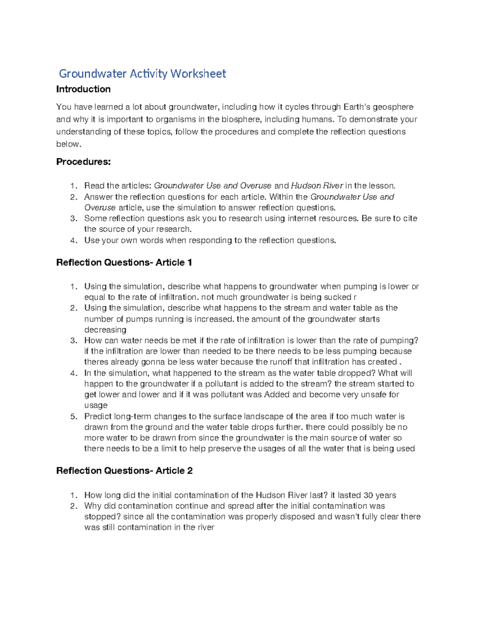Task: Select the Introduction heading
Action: click(x=83, y=89)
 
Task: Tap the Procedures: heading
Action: click(x=83, y=162)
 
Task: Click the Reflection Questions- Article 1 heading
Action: click(x=124, y=263)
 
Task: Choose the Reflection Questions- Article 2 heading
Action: click(x=124, y=471)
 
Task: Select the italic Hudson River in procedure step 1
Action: click(x=317, y=186)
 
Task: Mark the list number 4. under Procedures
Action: click(x=73, y=240)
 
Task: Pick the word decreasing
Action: click(x=105, y=330)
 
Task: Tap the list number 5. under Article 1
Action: click(x=73, y=417)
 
